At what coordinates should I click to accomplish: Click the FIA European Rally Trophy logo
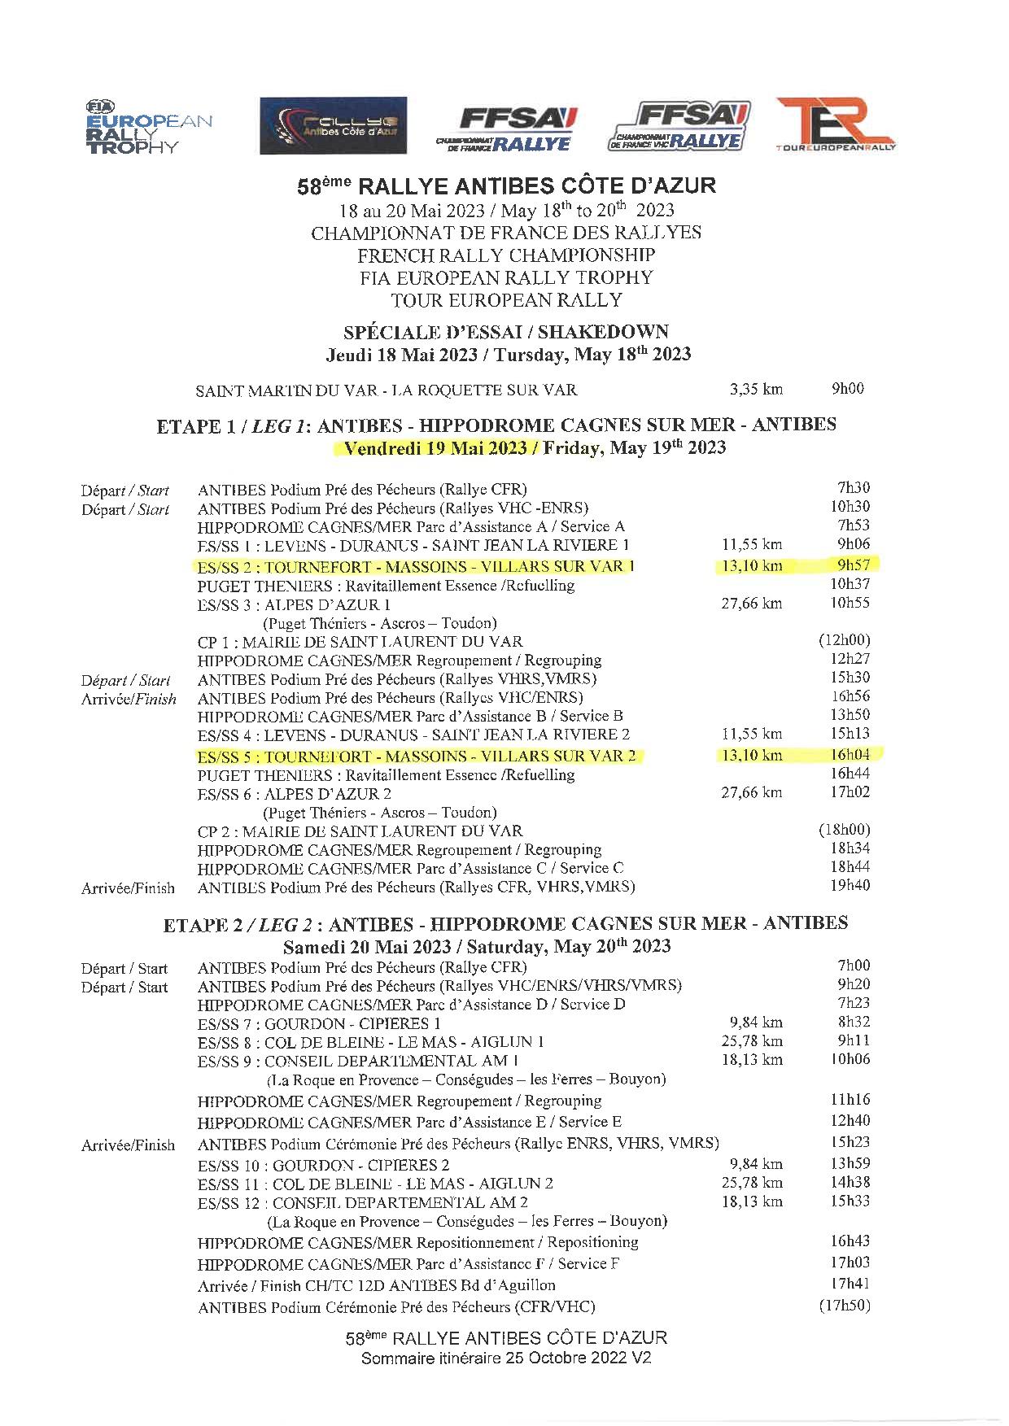pos(148,127)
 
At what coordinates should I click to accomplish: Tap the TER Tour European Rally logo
pos(836,124)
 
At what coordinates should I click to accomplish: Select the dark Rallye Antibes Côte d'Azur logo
pos(333,125)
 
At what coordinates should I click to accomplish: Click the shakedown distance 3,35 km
pos(756,389)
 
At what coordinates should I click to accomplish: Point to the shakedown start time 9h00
pos(847,388)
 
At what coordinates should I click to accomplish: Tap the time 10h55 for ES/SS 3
pos(850,603)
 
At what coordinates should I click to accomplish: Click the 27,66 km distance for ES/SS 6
pos(751,792)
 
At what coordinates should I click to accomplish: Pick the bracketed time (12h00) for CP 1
pos(844,640)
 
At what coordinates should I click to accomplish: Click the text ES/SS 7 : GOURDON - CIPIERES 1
pos(319,1023)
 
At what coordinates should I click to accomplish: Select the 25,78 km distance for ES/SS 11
pos(752,1183)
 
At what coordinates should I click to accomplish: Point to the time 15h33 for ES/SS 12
pos(850,1201)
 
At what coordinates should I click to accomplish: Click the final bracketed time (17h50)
pos(844,1306)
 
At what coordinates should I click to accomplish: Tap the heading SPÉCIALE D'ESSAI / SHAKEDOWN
pos(506,332)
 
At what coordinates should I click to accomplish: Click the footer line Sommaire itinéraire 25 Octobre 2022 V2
pos(506,1358)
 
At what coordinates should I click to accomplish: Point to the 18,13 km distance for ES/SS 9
pos(752,1059)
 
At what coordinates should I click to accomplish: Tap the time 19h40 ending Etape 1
pos(850,885)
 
